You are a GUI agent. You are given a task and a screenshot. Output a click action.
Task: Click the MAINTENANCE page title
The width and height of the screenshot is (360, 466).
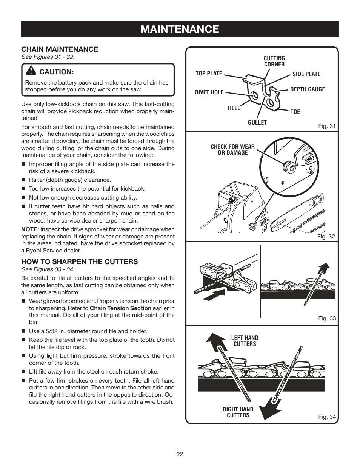click(180, 29)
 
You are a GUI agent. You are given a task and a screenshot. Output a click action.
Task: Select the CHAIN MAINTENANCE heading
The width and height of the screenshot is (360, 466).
click(60, 49)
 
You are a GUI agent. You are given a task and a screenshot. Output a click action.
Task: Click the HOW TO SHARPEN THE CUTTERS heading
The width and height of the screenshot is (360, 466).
click(79, 261)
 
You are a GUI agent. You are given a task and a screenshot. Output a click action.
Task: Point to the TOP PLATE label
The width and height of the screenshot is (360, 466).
click(209, 74)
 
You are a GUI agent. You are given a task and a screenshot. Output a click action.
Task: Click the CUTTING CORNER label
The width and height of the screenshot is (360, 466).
click(274, 61)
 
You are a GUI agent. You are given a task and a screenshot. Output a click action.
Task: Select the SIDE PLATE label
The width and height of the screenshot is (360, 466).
click(306, 74)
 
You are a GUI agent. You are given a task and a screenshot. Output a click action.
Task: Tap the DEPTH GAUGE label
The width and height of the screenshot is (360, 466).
click(307, 89)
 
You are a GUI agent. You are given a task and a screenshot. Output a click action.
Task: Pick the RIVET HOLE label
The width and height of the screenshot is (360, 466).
click(209, 92)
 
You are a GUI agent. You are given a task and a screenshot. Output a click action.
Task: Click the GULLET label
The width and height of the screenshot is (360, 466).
click(257, 123)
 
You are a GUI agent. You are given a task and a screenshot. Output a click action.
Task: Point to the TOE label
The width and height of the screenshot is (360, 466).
click(295, 112)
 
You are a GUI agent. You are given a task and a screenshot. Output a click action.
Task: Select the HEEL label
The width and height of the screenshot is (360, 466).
click(234, 108)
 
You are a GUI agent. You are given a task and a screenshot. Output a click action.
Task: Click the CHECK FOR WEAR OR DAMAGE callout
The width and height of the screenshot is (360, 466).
click(232, 150)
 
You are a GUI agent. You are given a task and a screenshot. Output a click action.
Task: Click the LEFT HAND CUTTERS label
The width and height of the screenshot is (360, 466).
click(245, 341)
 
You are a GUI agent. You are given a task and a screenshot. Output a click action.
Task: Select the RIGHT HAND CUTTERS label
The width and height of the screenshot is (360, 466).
click(238, 412)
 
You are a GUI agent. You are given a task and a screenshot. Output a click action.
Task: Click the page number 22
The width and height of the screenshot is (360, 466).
click(180, 454)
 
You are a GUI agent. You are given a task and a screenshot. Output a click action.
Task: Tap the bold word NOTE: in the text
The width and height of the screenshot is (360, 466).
click(30, 229)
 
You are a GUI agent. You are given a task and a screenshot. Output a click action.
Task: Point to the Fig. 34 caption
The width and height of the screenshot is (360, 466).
click(326, 417)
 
